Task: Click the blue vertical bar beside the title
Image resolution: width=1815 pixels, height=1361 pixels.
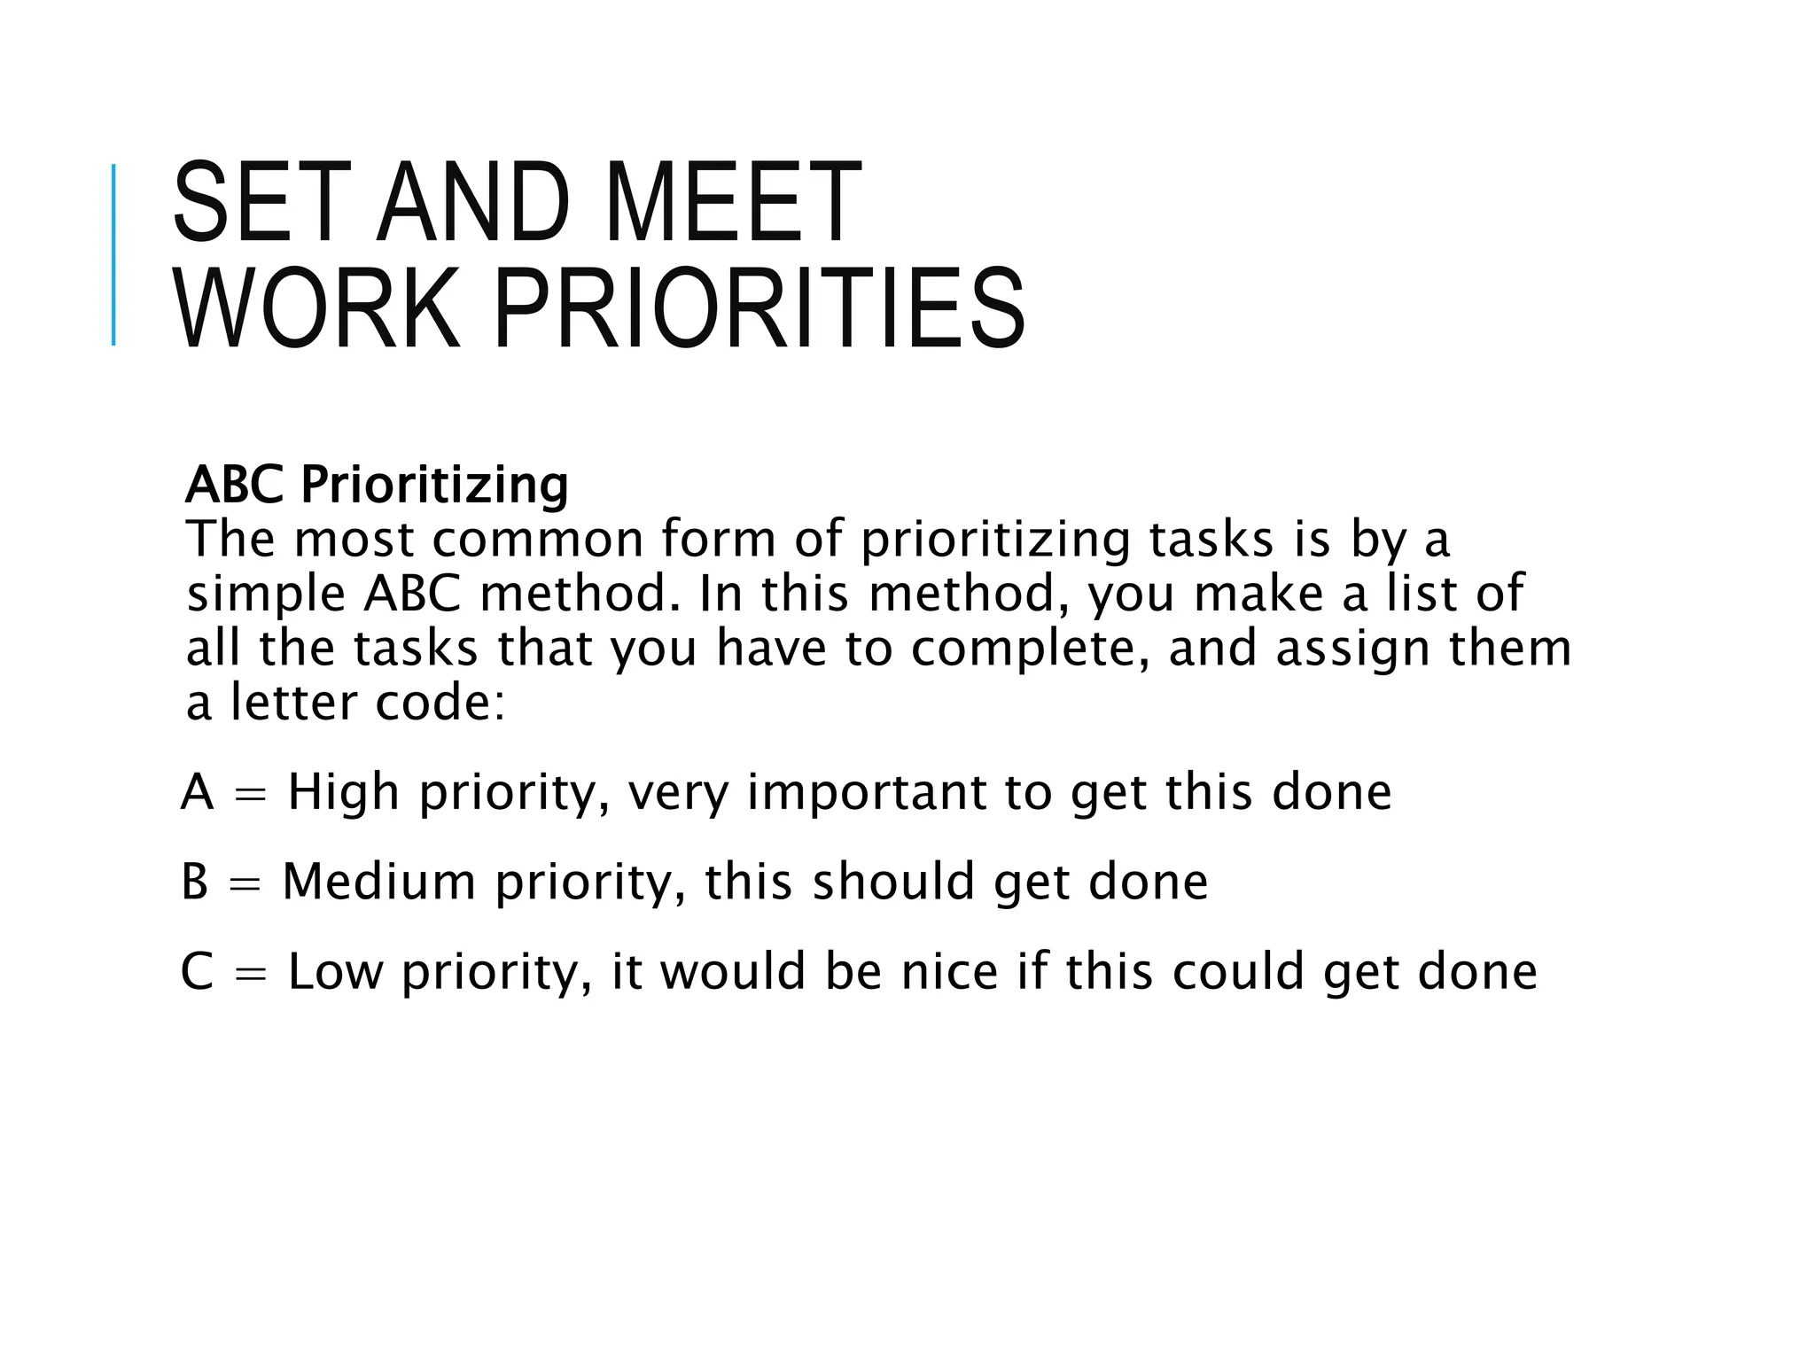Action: click(x=113, y=255)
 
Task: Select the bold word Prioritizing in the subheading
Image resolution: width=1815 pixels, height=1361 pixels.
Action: click(x=434, y=486)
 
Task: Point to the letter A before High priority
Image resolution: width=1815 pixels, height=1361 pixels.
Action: click(x=197, y=791)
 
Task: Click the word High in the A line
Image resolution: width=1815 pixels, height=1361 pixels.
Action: click(x=344, y=791)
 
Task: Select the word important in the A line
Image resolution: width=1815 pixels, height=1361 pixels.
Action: click(x=866, y=791)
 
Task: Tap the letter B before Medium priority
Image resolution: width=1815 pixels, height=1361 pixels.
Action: click(x=195, y=882)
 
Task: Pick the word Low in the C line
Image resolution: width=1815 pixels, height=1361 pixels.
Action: click(x=336, y=971)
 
